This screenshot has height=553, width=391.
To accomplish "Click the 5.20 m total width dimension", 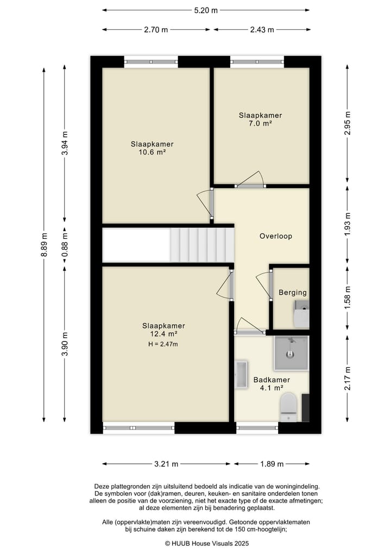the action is tap(206, 10).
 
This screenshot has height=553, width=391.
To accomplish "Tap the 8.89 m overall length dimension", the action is tap(44, 245).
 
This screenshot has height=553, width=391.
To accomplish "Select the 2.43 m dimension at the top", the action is tap(262, 29).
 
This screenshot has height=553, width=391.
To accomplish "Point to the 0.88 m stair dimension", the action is tap(65, 245).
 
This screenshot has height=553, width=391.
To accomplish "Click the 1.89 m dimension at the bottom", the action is tap(272, 464).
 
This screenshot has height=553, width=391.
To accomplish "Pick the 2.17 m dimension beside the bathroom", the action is tap(348, 378).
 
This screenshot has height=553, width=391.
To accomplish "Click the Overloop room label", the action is tap(276, 237).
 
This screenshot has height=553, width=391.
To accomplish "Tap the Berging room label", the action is tap(292, 293).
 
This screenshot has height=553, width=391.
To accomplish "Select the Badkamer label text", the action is tap(272, 380).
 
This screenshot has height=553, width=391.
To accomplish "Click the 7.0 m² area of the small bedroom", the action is tap(260, 123).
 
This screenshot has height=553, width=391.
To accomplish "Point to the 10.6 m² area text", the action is tap(152, 152).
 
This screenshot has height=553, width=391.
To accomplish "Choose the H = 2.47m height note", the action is tap(163, 344).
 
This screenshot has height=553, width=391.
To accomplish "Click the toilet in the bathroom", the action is tap(288, 407).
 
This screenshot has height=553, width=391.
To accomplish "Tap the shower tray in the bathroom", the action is tap(291, 353).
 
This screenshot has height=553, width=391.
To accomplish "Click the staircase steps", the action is tap(203, 245).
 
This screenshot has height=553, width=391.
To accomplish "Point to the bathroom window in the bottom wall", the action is tap(257, 428).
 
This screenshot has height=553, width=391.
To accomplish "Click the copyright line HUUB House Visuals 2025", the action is tap(207, 543).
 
